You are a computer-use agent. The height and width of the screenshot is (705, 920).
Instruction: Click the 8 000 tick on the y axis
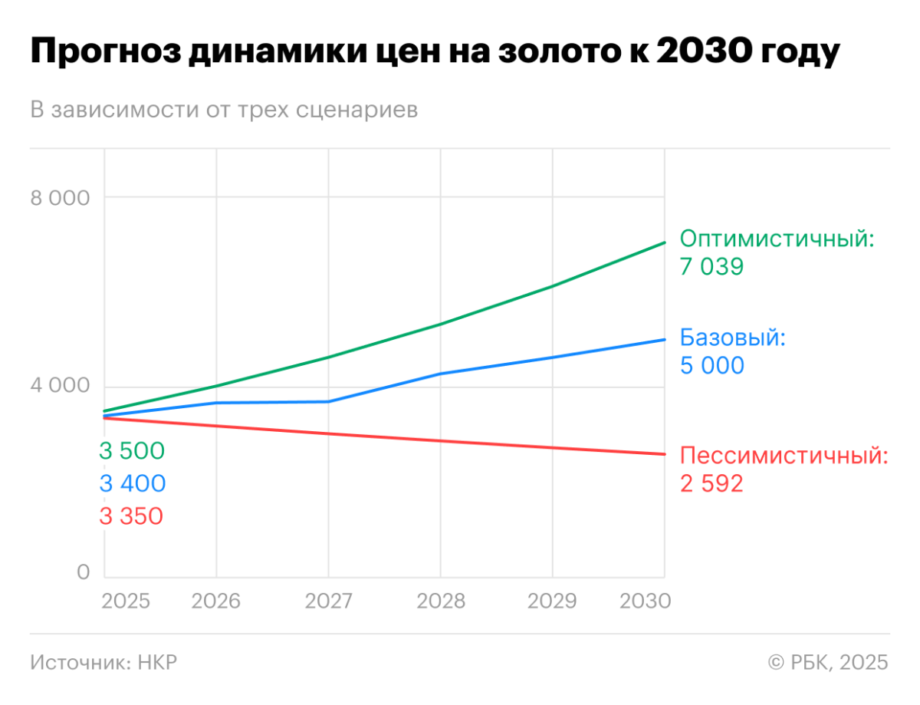point(61,198)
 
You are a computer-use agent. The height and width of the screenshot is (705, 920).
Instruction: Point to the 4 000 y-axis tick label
point(61,387)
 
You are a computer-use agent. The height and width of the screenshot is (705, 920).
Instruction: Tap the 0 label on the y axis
point(83,572)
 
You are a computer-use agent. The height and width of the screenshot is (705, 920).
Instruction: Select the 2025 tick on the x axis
point(125,600)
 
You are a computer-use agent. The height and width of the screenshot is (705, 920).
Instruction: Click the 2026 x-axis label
point(215,600)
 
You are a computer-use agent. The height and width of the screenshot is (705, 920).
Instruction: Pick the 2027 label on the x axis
point(328,600)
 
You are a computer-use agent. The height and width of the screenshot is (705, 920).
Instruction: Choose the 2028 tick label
point(440,600)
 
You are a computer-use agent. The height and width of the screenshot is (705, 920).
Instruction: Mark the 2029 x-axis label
point(552,600)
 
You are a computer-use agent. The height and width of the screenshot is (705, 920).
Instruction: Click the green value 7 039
point(712,267)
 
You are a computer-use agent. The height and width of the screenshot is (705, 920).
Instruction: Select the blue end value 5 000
point(712,365)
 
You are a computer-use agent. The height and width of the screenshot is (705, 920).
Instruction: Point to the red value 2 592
point(712,484)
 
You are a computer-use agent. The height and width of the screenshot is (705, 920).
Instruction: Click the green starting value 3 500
point(132,451)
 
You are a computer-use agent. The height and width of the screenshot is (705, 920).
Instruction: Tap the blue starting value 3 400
point(132,484)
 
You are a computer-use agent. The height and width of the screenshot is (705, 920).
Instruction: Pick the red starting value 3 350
point(131,516)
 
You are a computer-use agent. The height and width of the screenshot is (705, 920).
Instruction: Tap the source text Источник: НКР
point(103,662)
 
